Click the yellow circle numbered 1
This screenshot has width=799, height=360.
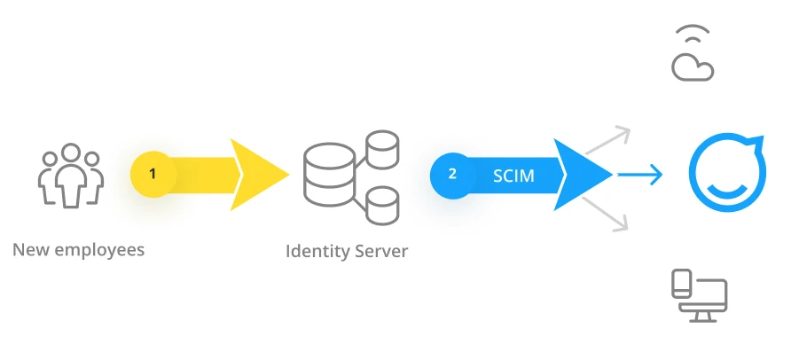tap(153, 174)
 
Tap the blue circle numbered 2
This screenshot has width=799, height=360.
tap(452, 174)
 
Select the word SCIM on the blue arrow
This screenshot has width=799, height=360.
tap(513, 176)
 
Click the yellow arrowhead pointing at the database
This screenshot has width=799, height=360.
tap(257, 174)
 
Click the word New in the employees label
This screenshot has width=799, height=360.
tap(31, 249)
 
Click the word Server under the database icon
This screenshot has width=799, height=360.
tap(380, 251)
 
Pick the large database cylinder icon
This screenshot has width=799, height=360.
tap(329, 173)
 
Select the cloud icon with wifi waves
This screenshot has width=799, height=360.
tap(693, 55)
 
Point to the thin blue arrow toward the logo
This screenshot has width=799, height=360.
tap(640, 174)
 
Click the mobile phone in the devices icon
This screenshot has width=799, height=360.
tap(681, 285)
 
